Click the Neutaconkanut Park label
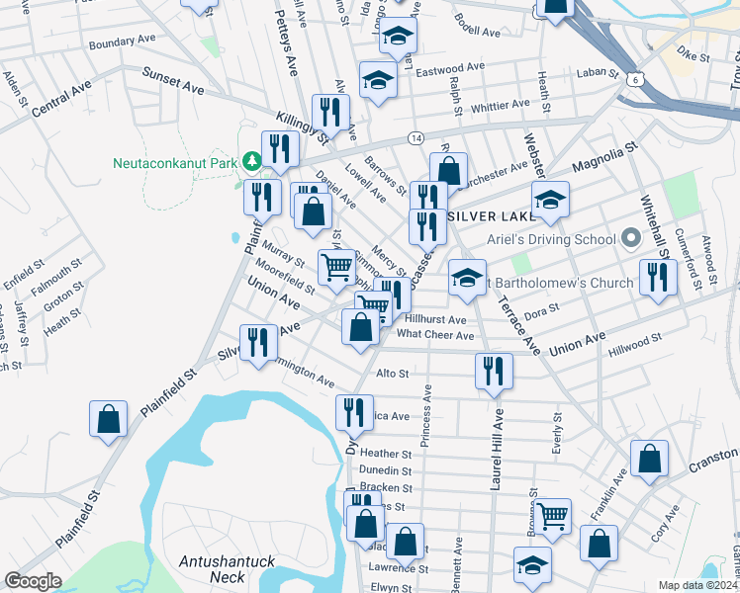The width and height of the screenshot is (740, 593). coord(177,162)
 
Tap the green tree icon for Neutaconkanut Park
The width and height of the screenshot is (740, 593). coord(252,161)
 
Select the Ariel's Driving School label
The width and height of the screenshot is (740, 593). coord(550,239)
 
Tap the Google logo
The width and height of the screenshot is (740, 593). coord(33,581)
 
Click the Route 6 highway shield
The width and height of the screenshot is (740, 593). coord(632,77)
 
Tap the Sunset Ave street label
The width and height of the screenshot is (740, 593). coord(173,81)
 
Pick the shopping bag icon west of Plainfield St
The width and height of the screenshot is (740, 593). coord(109,418)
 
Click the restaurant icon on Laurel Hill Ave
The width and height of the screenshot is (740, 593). coord(492,371)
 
